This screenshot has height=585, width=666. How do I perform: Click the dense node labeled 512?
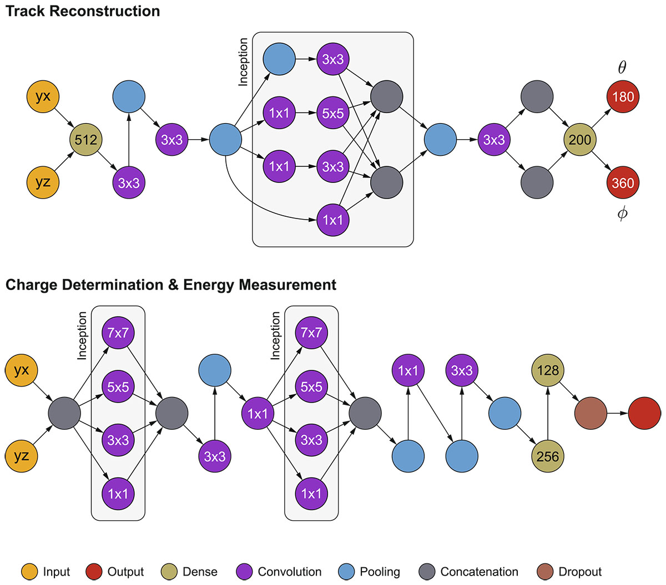[x=86, y=140]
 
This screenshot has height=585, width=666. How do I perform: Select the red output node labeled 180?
[x=623, y=96]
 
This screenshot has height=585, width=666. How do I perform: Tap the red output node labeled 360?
[x=623, y=182]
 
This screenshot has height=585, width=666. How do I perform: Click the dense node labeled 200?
[x=580, y=140]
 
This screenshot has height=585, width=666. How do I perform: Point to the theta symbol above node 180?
[x=622, y=68]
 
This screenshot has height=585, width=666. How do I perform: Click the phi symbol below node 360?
[x=622, y=213]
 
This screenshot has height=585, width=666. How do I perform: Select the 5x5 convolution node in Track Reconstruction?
[x=333, y=114]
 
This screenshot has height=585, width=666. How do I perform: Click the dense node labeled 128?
[x=548, y=370]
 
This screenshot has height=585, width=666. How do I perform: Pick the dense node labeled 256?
[x=548, y=456]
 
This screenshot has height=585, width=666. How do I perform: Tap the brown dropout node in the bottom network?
[x=591, y=413]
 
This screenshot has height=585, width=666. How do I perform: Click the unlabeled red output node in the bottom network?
[x=644, y=413]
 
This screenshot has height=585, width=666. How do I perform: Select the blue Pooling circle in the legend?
[x=347, y=572]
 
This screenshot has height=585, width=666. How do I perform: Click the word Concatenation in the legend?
[x=479, y=572]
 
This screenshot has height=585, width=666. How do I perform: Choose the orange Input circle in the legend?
[x=29, y=572]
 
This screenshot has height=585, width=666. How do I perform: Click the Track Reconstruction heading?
[x=83, y=11]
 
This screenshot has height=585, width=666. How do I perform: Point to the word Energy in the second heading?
[x=209, y=285]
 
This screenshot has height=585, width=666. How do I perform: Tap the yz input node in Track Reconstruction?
[x=43, y=182]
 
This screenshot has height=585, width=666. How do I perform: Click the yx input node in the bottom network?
[x=21, y=370]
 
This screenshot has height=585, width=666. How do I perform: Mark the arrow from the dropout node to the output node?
[x=617, y=413]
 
